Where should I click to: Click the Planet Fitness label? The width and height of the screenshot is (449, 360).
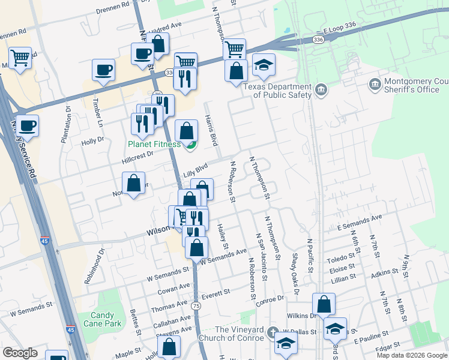(153, 144)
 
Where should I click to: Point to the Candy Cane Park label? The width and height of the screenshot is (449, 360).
(106, 319)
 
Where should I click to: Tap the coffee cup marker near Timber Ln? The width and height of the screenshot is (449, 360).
(103, 70)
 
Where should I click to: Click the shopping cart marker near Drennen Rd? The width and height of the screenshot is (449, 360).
(20, 58)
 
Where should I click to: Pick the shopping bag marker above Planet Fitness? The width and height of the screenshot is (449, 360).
(187, 130)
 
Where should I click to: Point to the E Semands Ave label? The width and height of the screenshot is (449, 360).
(360, 223)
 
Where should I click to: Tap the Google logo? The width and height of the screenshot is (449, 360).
(20, 353)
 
